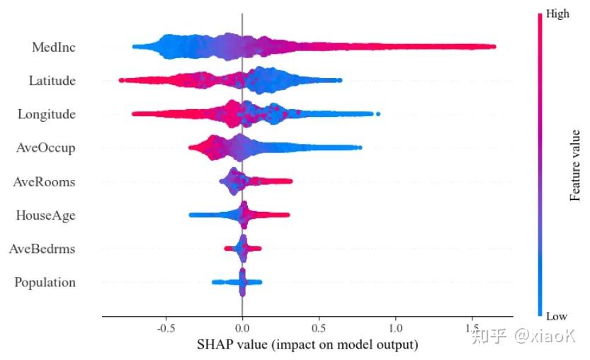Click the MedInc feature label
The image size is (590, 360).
tap(53, 47)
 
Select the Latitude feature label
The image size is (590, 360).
tap(52, 81)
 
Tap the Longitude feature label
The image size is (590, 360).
tap(47, 115)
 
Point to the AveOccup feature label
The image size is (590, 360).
tap(45, 148)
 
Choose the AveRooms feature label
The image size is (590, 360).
tap(44, 182)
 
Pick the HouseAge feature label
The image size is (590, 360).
tap(45, 215)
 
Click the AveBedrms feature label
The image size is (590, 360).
tap(42, 249)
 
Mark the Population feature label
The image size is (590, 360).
tap(45, 283)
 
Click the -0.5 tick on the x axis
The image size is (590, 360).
tap(166, 328)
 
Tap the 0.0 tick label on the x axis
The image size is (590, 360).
tap(242, 328)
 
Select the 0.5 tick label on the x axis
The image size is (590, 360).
tap(319, 328)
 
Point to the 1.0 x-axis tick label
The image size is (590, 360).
tap(395, 328)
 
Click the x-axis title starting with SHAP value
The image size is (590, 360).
tap(307, 344)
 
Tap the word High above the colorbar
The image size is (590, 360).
tap(557, 14)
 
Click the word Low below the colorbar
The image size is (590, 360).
tap(557, 316)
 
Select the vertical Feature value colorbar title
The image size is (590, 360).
tap(574, 165)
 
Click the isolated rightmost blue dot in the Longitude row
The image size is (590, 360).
tap(378, 114)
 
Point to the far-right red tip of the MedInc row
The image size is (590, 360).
tap(494, 47)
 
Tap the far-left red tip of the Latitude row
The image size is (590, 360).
tap(121, 80)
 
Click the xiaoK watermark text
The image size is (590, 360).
tap(545, 335)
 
